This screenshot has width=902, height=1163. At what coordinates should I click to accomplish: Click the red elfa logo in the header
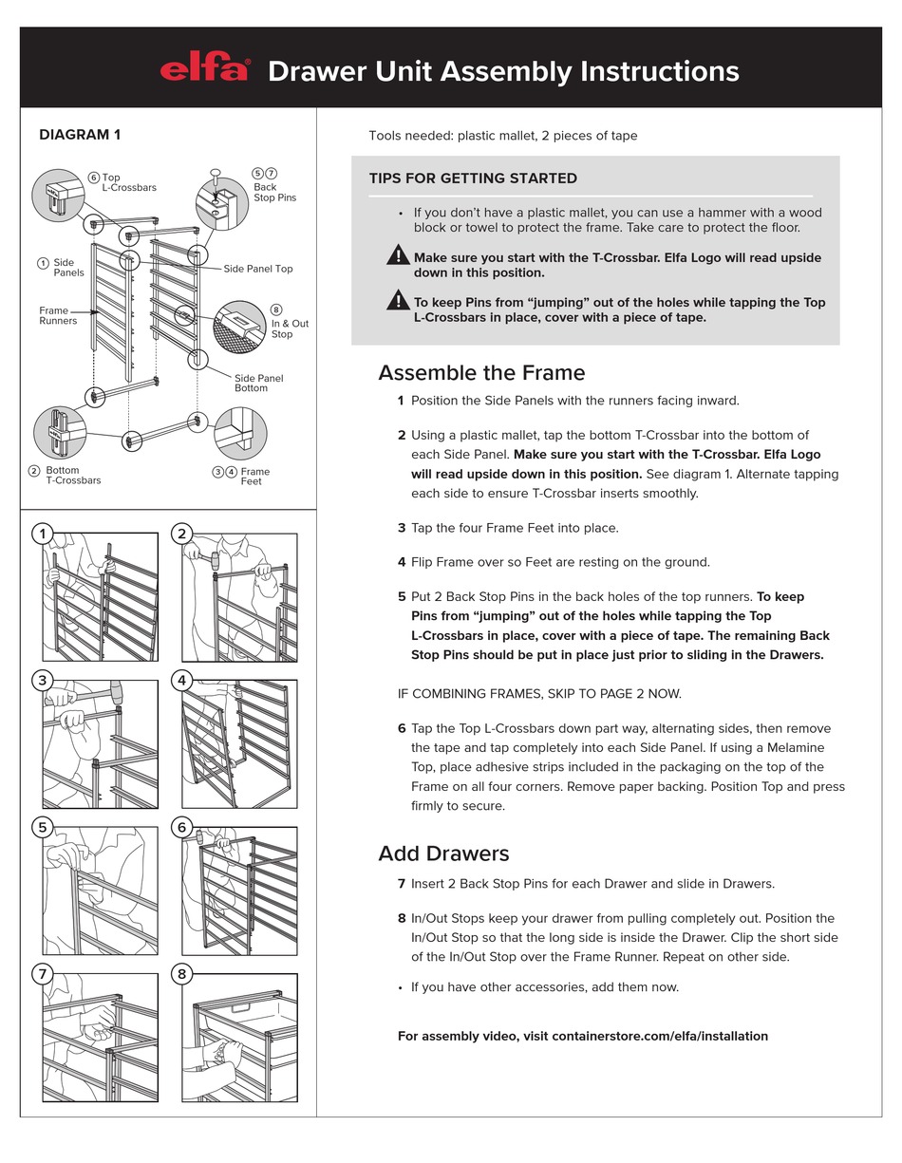pyautogui.click(x=204, y=70)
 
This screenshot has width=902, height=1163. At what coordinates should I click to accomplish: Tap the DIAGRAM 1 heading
pyautogui.click(x=80, y=135)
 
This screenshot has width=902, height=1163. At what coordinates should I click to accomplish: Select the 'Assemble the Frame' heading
pyautogui.click(x=481, y=372)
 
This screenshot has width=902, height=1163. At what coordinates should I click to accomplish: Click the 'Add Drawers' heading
pyautogui.click(x=443, y=853)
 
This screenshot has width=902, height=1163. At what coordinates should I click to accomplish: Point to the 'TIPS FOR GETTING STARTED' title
pyautogui.click(x=473, y=178)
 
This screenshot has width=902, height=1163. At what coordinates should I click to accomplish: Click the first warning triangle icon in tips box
pyautogui.click(x=398, y=254)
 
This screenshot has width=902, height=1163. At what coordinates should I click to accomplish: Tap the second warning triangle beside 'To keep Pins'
pyautogui.click(x=398, y=300)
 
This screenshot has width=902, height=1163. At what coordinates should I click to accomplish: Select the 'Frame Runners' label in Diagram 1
pyautogui.click(x=58, y=315)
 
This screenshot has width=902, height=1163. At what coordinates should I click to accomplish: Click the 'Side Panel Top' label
pyautogui.click(x=258, y=269)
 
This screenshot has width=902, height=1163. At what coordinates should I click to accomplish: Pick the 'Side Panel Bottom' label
pyautogui.click(x=258, y=383)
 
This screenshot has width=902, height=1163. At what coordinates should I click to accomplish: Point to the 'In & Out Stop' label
pyautogui.click(x=290, y=328)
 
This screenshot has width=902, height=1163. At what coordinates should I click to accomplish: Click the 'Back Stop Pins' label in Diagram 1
pyautogui.click(x=274, y=192)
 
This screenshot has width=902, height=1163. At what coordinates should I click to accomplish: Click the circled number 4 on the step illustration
pyautogui.click(x=182, y=680)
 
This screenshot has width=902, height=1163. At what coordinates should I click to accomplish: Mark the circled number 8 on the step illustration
pyautogui.click(x=182, y=974)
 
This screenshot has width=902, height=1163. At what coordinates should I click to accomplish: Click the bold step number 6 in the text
pyautogui.click(x=402, y=728)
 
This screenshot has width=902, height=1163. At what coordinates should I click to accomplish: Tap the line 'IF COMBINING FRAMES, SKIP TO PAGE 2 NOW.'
pyautogui.click(x=539, y=693)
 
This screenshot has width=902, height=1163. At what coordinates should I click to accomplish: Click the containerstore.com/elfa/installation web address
pyautogui.click(x=660, y=1036)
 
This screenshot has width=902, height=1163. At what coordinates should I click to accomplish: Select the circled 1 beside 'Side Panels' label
pyautogui.click(x=43, y=263)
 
